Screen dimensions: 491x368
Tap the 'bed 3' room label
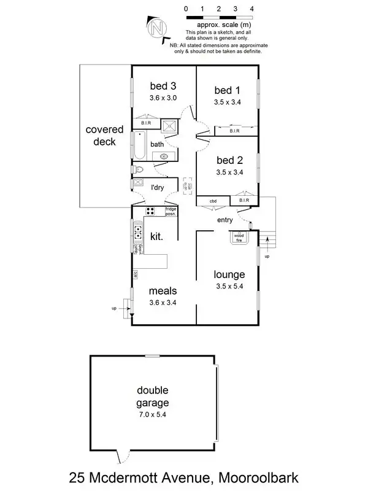163,86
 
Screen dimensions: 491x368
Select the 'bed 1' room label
228,90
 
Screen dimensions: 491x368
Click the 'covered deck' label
104,136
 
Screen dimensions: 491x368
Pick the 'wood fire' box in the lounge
239,236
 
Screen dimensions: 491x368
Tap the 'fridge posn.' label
171,211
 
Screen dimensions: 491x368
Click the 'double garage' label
153,396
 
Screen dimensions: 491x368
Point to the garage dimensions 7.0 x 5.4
153,415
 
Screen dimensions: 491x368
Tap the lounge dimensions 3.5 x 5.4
229,286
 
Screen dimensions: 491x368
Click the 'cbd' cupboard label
213,201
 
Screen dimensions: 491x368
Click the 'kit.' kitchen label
156,235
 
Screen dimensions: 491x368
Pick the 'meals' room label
163,290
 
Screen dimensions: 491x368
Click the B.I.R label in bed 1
234,131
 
